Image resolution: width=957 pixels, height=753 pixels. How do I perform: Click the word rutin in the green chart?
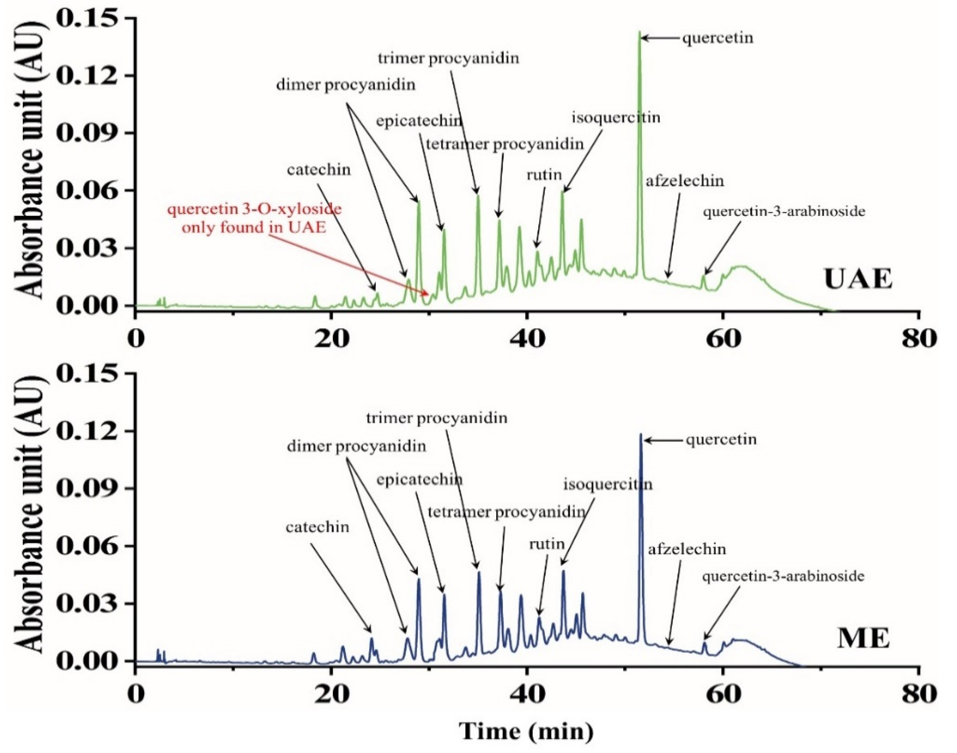pos(544,175)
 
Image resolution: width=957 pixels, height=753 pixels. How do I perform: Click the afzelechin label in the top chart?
pos(685,181)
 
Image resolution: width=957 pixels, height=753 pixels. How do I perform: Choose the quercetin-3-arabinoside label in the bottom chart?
pos(783,576)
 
